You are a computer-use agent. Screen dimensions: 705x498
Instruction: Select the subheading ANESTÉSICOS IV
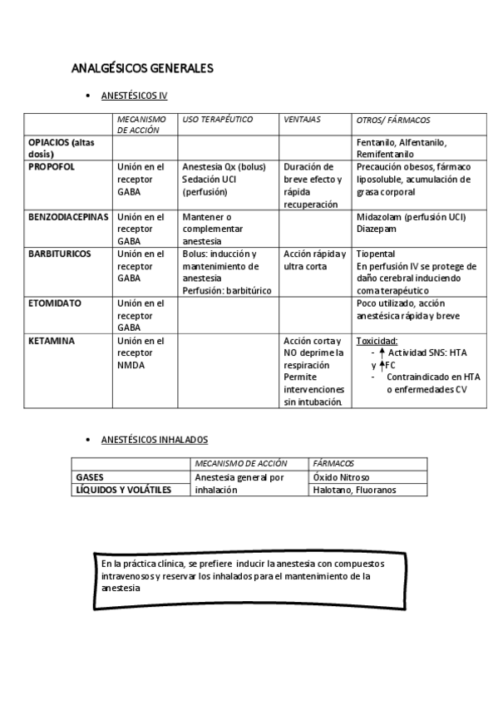(x=134, y=96)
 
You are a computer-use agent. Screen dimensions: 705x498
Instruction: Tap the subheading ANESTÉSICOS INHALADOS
(x=154, y=439)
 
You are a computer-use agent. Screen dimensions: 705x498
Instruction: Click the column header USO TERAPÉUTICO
(x=217, y=120)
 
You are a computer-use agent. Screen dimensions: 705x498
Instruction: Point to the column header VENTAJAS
(x=302, y=120)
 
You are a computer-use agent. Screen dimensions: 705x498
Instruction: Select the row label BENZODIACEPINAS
(x=68, y=217)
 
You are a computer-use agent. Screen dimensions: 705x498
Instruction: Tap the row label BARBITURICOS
(x=59, y=254)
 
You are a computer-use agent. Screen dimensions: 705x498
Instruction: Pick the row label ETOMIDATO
(x=55, y=303)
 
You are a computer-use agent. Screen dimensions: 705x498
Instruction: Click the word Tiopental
(x=376, y=254)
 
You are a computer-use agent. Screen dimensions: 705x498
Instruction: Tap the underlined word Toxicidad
(x=377, y=341)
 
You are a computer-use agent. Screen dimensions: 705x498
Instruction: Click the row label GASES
(x=90, y=478)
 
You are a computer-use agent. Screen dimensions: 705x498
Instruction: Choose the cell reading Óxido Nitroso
(x=342, y=478)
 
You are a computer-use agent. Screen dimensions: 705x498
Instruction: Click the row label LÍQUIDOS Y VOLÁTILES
(x=123, y=491)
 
